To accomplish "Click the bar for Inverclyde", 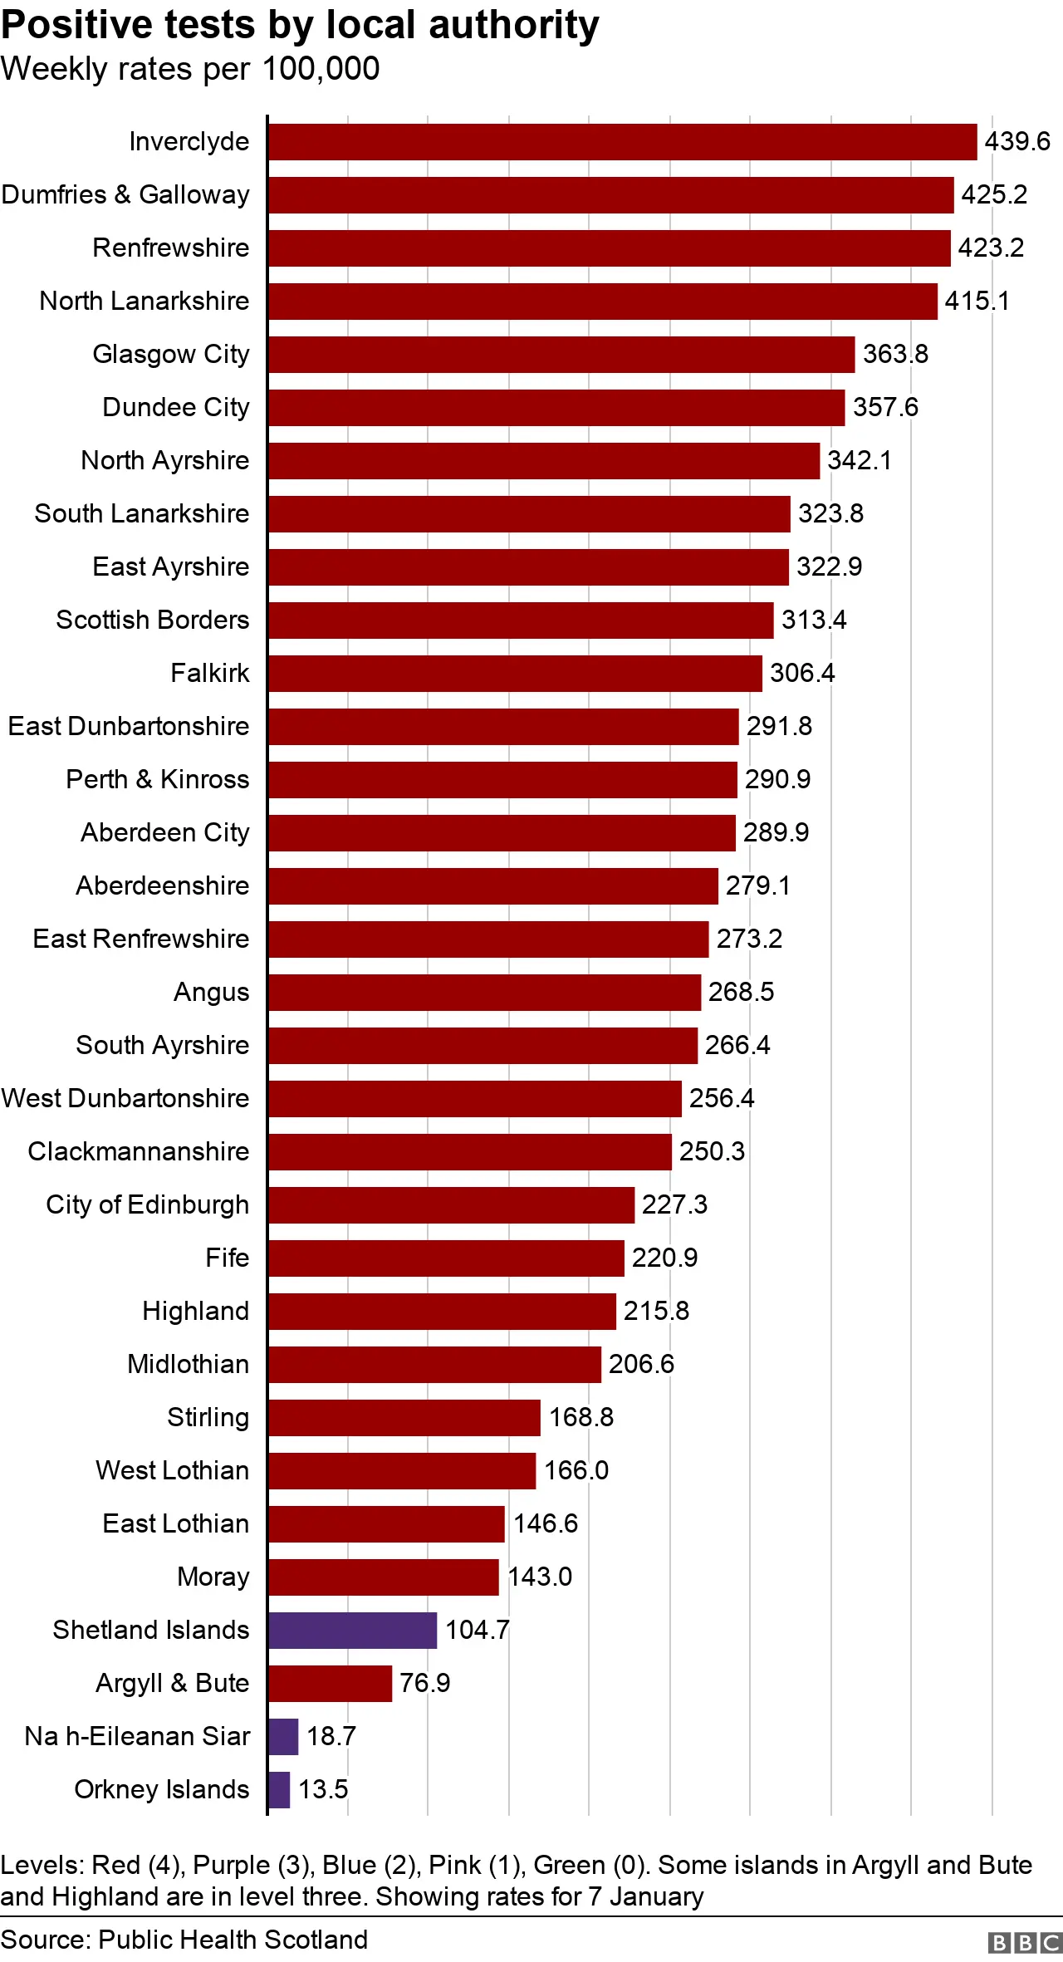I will pyautogui.click(x=622, y=142).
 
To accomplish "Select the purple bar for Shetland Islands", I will pyautogui.click(x=352, y=1630).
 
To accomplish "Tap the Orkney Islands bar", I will pyautogui.click(x=279, y=1789).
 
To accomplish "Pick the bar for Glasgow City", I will pyautogui.click(x=561, y=355).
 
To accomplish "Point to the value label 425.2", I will pyautogui.click(x=994, y=195).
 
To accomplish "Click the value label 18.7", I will pyautogui.click(x=331, y=1736).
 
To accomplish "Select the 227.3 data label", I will pyautogui.click(x=674, y=1204).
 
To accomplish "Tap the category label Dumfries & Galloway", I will pyautogui.click(x=125, y=195).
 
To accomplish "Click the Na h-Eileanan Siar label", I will pyautogui.click(x=137, y=1736).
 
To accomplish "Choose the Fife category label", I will pyautogui.click(x=227, y=1258).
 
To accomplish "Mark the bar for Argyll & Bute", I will pyautogui.click(x=330, y=1683).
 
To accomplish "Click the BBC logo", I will pyautogui.click(x=1024, y=1942).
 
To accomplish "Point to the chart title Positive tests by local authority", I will pyautogui.click(x=300, y=25).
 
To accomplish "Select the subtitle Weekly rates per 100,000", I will pyautogui.click(x=190, y=69).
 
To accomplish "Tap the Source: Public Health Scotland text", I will pyautogui.click(x=184, y=1940).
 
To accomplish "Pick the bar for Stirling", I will pyautogui.click(x=404, y=1417).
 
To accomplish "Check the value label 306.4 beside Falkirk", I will pyautogui.click(x=801, y=673).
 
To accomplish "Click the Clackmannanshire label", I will pyautogui.click(x=139, y=1151).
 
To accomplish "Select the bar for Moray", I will pyautogui.click(x=383, y=1577).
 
